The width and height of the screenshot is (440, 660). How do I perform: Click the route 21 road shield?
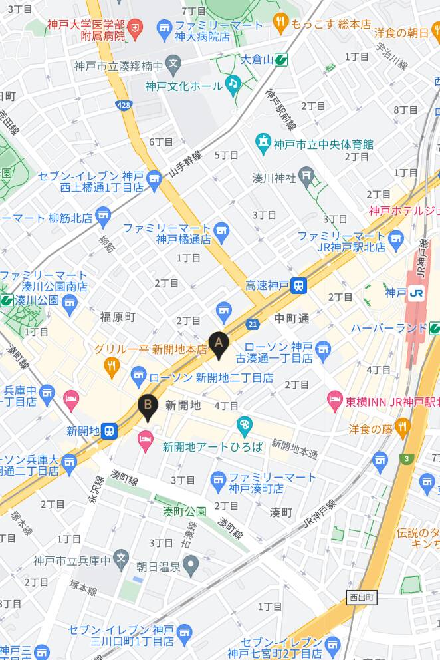(x=253, y=324)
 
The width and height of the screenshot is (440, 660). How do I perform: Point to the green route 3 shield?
(x=407, y=458)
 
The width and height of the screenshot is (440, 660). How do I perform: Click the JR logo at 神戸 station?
(x=417, y=293)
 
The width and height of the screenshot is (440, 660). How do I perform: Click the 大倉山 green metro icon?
(x=282, y=60)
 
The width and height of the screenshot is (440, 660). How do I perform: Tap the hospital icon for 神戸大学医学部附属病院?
(x=136, y=28)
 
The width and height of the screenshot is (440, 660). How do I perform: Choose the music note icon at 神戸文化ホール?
(x=231, y=83)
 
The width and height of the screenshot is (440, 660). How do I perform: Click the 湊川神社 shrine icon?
(x=306, y=176)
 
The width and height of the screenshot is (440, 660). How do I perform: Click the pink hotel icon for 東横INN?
(x=335, y=401)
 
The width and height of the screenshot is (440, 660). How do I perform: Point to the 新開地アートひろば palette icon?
(x=245, y=424)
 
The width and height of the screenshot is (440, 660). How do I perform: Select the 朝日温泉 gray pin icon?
(x=191, y=567)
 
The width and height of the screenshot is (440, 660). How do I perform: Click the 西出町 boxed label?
(x=362, y=598)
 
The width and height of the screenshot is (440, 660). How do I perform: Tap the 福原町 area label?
(x=118, y=317)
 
